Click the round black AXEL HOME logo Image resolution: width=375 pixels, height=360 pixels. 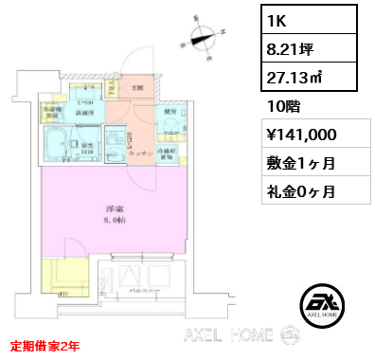[323, 307]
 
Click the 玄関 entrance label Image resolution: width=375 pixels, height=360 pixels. [137, 88]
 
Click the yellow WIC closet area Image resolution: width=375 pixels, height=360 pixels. [64, 282]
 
